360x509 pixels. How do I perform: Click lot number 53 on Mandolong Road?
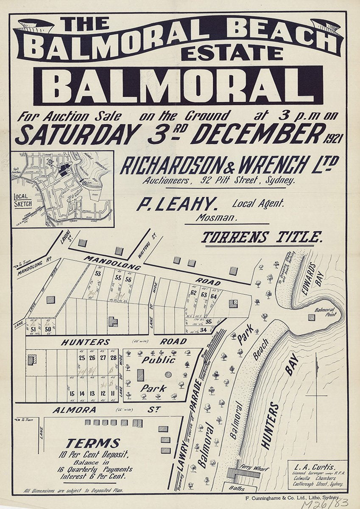click(x=98, y=274)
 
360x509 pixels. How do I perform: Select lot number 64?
click(x=214, y=296)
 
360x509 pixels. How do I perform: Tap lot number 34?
click(x=203, y=330)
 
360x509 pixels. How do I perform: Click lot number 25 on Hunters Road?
click(x=82, y=358)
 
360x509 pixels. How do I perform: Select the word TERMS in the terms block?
click(x=92, y=444)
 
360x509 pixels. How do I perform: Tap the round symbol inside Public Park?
click(x=168, y=375)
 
